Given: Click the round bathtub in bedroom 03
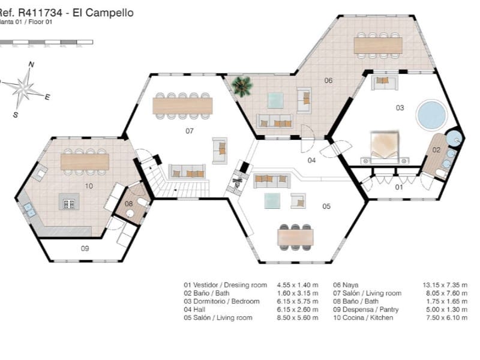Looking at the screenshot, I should (430, 115).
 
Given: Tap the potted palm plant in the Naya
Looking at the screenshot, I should (242, 86).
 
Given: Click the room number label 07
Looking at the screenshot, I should (189, 130).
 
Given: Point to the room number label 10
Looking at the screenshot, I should (88, 186).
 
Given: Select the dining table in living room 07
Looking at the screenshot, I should (182, 106).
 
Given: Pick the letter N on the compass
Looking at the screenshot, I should (31, 65).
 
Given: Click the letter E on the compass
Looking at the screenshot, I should (47, 97).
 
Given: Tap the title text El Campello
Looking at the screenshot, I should (103, 12).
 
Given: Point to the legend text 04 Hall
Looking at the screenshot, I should (199, 310).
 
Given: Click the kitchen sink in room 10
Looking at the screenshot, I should (29, 209).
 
